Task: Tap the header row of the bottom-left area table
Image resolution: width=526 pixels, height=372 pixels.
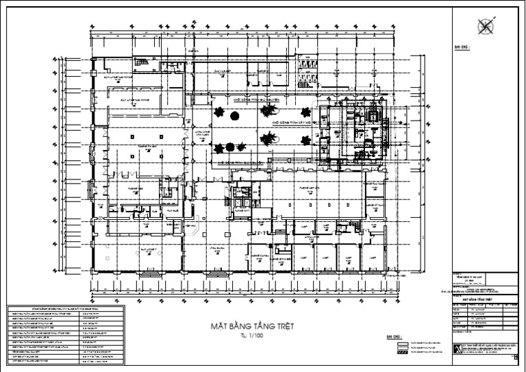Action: [x=65, y=310]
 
